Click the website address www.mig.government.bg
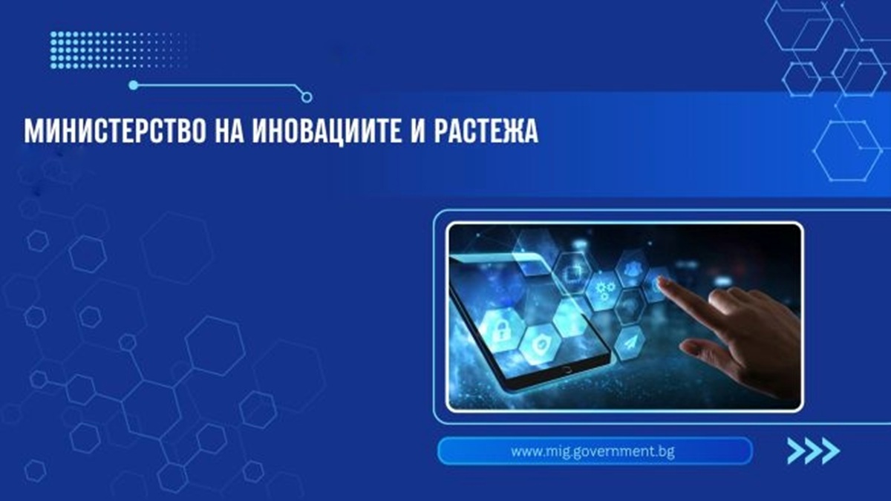point(593,451)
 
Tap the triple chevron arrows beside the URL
point(812,450)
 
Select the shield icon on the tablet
point(538,343)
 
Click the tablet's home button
point(567,369)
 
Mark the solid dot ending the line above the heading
point(133,85)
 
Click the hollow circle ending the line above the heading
point(307,97)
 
